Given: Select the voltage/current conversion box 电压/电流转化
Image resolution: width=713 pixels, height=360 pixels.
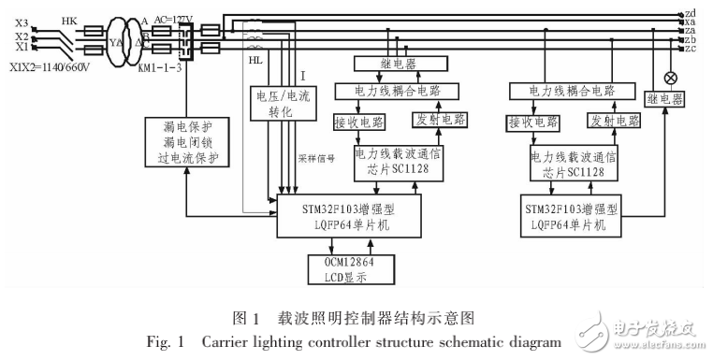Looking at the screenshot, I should [x=274, y=104].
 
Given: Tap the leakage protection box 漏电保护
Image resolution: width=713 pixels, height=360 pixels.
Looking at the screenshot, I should [x=186, y=142].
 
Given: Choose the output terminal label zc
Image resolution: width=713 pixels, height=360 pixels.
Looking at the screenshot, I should [x=690, y=49].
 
